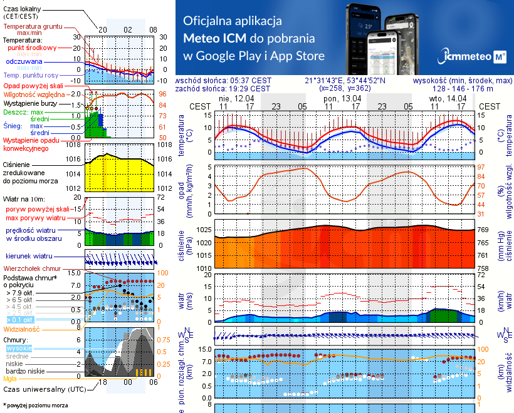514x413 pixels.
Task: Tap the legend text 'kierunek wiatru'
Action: pyautogui.click(x=33, y=256)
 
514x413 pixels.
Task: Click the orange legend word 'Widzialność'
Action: pyautogui.click(x=22, y=328)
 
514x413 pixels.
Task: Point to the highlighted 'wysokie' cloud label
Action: pyautogui.click(x=19, y=349)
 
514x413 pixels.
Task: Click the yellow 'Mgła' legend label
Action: pyautogui.click(x=10, y=379)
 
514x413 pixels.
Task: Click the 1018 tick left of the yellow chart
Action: pyautogui.click(x=75, y=145)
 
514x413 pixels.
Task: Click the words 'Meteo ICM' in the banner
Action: pyautogui.click(x=214, y=38)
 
